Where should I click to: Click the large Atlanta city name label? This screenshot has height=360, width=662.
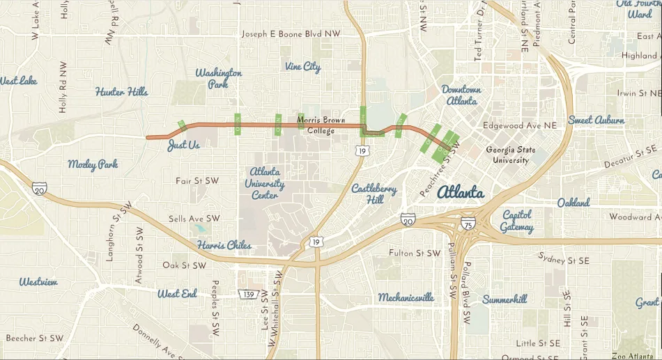point(461,192)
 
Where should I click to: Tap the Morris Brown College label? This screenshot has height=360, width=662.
point(321,125)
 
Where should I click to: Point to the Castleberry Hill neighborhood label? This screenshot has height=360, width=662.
point(374,194)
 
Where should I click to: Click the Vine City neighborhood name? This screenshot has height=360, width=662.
point(302,67)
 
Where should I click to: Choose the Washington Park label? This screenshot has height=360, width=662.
point(218,78)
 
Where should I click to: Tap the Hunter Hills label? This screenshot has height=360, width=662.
point(121,92)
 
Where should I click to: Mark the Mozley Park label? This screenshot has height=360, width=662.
point(93,164)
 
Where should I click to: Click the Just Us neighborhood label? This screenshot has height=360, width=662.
point(183,146)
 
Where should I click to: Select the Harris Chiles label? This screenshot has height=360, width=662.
point(224,245)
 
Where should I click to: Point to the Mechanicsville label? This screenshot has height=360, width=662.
point(406,297)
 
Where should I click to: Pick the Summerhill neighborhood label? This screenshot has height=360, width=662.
point(505,299)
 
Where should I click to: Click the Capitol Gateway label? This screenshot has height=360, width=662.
point(516,221)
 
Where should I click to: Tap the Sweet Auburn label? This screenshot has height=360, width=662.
point(596,120)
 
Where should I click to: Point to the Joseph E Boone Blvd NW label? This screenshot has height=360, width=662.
point(291,33)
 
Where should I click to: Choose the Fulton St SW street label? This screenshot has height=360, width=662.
point(415,253)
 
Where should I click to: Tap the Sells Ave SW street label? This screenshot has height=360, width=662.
point(194,219)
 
